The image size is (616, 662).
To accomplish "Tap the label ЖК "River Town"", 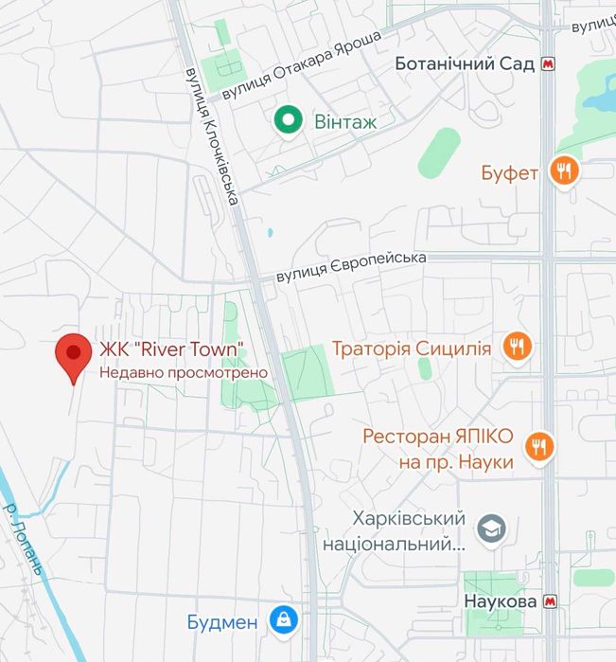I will click(x=172, y=349).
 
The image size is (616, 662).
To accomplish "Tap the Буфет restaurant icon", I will click(x=566, y=170).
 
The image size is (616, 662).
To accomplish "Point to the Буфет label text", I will click(x=509, y=172).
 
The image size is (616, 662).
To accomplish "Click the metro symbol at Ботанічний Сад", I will click(x=550, y=65).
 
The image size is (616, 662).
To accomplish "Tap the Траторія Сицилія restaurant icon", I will click(x=516, y=347).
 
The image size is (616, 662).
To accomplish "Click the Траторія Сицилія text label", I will click(x=412, y=349).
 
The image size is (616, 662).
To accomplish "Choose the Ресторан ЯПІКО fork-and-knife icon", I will click(x=538, y=445).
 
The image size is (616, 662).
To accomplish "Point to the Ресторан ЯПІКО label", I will click(x=438, y=448).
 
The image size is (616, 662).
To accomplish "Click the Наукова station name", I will click(x=501, y=602).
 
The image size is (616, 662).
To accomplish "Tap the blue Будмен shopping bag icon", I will click(x=281, y=621).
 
